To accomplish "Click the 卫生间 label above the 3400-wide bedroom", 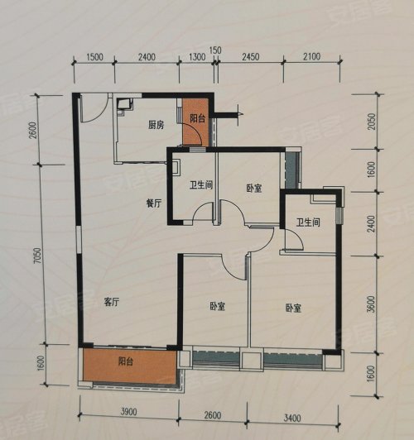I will pyautogui.click(x=308, y=221).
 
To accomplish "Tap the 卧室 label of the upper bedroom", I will pyautogui.click(x=254, y=188).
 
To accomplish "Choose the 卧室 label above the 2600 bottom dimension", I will pyautogui.click(x=217, y=307).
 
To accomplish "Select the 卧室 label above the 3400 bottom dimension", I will pyautogui.click(x=293, y=308).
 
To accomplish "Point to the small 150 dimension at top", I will pyautogui.click(x=216, y=50).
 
